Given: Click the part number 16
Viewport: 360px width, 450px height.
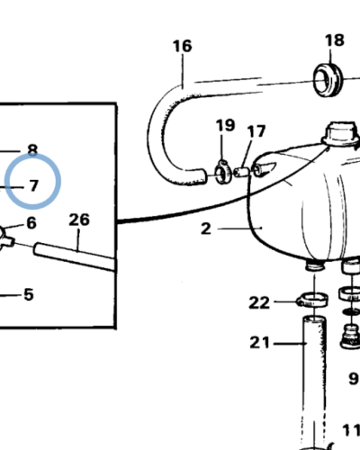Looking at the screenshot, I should tap(183, 45).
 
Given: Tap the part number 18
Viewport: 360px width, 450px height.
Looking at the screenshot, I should tap(334, 40).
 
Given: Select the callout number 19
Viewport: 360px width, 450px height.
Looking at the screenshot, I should tap(225, 125).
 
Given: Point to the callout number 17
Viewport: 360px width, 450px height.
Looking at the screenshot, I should tap(256, 132).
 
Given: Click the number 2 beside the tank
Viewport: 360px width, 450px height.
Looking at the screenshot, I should tap(206, 229).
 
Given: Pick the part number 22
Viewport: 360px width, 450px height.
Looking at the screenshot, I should tap(259, 302).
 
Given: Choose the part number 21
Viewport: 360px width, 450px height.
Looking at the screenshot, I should tap(259, 342).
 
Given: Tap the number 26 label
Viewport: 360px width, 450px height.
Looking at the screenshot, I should tap(79, 220).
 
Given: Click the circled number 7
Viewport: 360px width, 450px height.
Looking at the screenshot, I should tap(33, 186).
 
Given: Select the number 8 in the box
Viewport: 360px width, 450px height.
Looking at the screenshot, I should tap(32, 150).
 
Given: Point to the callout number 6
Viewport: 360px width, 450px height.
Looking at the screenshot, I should tap(31, 223).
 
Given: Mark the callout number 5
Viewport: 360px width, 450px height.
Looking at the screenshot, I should tap(29, 293).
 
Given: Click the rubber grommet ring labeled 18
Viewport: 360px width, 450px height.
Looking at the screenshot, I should tap(328, 78).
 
